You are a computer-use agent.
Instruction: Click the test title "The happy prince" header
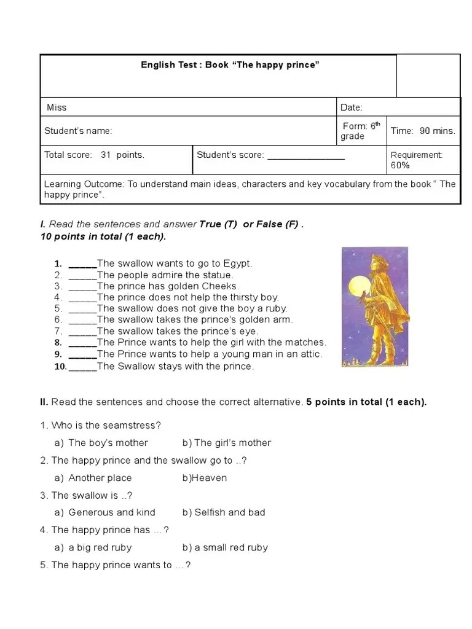tap(230, 65)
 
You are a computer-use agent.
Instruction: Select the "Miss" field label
tap(57, 107)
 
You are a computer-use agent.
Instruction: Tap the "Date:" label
tap(352, 107)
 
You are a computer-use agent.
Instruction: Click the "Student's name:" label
tap(78, 131)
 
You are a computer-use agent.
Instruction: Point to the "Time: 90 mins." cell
tap(423, 131)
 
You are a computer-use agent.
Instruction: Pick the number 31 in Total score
tap(106, 155)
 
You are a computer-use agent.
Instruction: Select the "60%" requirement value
tap(400, 165)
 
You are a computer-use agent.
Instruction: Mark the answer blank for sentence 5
tap(82, 309)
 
